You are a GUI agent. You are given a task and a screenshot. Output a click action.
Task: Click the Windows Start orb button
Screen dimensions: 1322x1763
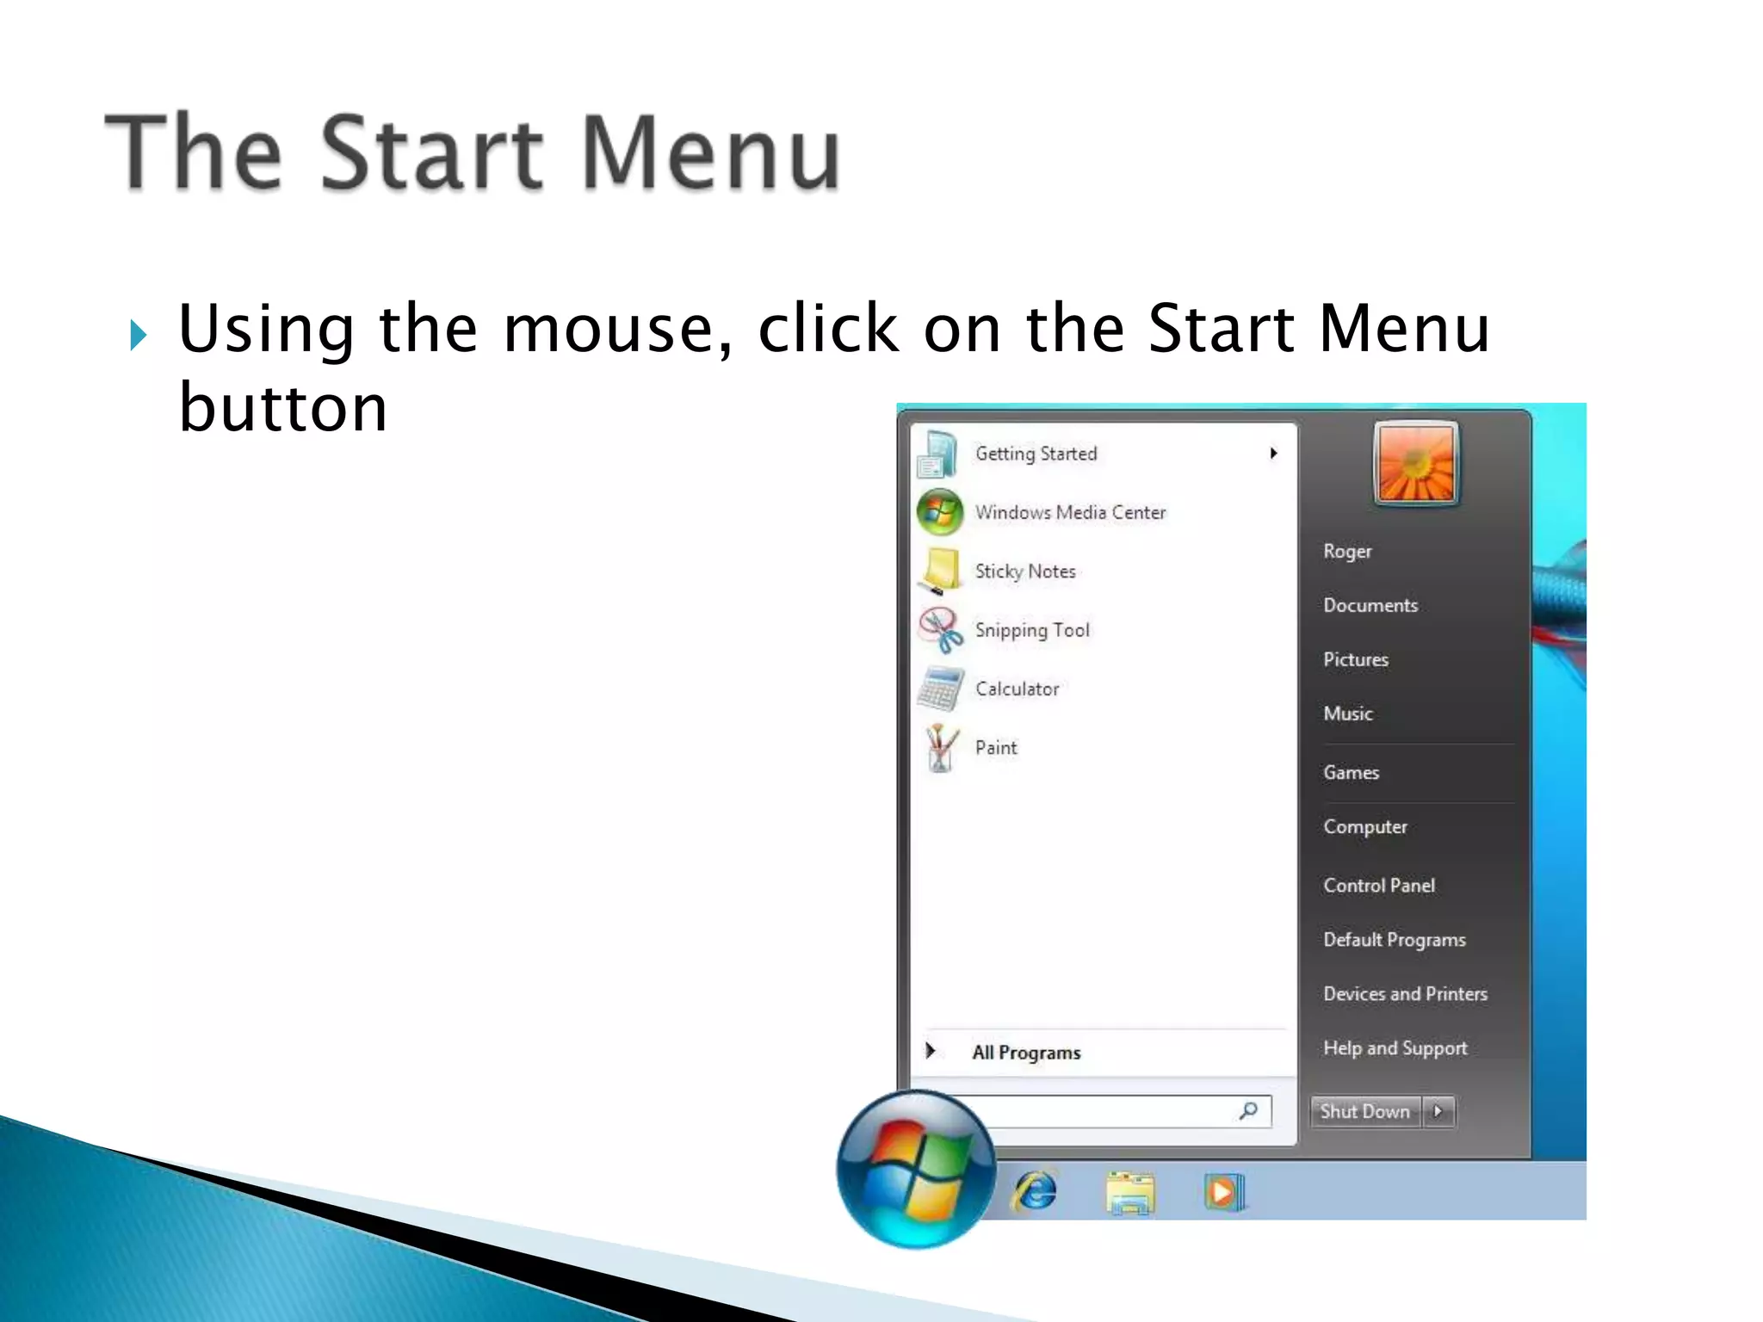pos(916,1170)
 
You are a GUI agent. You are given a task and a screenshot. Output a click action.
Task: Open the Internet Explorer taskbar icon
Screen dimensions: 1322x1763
pos(1036,1192)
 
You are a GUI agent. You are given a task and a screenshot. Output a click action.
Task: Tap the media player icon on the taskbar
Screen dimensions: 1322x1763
pos(1224,1192)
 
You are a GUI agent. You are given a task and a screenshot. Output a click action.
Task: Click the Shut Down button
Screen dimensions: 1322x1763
pos(1365,1111)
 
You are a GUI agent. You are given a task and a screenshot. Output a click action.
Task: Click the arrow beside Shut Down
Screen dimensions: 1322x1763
pos(1438,1111)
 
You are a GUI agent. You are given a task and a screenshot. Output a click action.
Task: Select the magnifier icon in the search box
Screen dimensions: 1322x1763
pos(1248,1110)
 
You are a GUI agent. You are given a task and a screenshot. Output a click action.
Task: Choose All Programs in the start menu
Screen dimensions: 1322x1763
pos(1026,1052)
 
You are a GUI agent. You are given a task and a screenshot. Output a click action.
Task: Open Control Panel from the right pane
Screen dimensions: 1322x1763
pos(1379,885)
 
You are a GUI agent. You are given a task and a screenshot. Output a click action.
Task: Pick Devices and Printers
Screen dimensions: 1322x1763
pos(1405,993)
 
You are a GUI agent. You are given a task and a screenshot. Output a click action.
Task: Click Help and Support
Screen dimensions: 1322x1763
pos(1395,1047)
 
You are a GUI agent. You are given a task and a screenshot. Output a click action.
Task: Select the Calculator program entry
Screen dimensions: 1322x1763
pos(1017,689)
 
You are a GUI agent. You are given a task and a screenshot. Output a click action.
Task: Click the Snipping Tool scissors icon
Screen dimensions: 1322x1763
pos(940,629)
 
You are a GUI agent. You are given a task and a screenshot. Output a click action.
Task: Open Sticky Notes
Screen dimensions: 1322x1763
pos(1024,571)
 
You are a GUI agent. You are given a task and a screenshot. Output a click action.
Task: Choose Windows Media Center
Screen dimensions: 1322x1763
pos(1070,512)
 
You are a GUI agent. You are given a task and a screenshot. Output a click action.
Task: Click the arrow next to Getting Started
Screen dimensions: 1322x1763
pos(1273,454)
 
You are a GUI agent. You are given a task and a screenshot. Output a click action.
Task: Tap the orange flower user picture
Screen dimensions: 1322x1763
pos(1416,463)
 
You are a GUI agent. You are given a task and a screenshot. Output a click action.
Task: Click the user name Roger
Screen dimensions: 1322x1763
pos(1347,551)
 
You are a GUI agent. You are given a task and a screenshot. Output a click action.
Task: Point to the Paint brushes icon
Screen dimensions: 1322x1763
pos(941,747)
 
